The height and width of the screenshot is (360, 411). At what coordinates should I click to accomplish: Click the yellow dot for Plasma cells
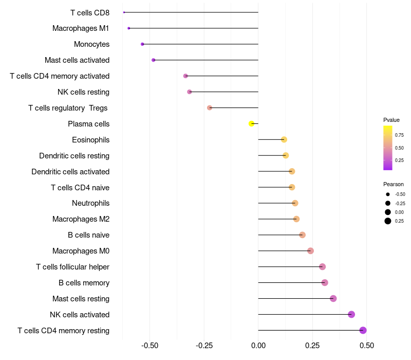click(x=251, y=123)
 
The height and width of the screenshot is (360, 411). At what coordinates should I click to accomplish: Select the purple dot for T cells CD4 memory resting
click(x=363, y=330)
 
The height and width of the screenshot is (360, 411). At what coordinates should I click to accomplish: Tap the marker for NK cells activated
click(x=351, y=314)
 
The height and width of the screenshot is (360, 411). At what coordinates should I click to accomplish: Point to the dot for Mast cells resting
click(x=333, y=298)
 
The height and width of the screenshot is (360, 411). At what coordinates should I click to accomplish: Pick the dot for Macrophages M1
click(x=128, y=28)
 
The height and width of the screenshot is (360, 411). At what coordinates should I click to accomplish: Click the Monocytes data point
click(x=142, y=44)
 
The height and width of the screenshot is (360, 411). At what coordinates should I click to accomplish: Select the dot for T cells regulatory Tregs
click(x=210, y=107)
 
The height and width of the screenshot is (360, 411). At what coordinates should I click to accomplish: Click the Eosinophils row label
click(x=90, y=140)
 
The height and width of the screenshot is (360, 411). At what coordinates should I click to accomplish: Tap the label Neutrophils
click(x=90, y=203)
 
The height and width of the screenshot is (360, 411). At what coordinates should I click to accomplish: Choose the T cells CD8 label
click(x=89, y=12)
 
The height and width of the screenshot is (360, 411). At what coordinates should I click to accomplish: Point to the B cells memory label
click(x=84, y=283)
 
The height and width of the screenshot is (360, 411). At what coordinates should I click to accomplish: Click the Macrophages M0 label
click(x=81, y=251)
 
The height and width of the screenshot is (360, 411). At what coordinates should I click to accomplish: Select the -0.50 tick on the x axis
click(x=150, y=345)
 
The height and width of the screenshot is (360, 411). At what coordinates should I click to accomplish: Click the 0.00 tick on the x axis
click(x=258, y=345)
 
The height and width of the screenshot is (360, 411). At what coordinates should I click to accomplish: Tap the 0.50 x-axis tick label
click(x=366, y=345)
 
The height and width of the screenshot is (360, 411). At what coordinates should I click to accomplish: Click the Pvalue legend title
click(x=391, y=120)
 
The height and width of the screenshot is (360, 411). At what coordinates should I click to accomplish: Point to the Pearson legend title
click(x=394, y=184)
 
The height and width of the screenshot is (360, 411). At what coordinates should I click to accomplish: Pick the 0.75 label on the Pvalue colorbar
click(x=399, y=135)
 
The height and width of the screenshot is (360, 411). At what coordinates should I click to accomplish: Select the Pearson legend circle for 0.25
click(x=387, y=221)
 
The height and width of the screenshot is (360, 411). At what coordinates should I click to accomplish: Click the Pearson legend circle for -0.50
click(x=387, y=194)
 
